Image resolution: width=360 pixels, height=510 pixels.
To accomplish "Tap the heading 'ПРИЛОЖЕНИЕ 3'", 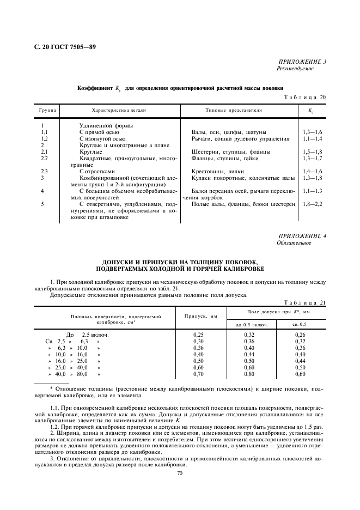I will click(x=303, y=62).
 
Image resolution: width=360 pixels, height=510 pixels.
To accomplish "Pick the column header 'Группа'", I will click(x=47, y=111).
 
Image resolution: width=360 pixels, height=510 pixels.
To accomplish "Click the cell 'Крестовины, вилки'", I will click(x=218, y=171).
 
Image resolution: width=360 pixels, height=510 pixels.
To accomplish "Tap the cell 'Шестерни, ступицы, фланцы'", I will click(x=231, y=151).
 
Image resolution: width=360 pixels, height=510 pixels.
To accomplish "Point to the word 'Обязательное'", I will click(x=294, y=242).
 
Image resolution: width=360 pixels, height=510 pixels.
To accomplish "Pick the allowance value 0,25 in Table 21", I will click(x=199, y=335).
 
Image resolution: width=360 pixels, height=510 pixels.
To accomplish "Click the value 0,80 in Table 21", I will click(x=249, y=374).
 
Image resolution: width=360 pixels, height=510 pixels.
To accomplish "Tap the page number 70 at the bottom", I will click(x=180, y=473).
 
